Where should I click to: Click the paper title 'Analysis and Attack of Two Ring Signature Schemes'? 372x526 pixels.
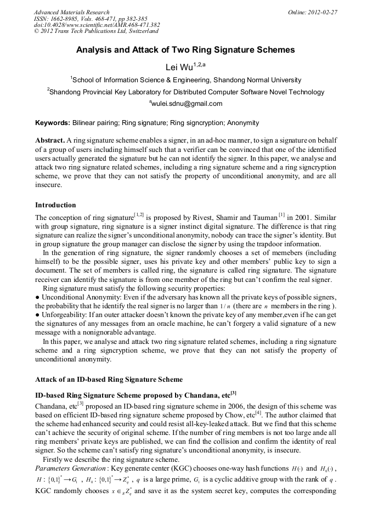185,50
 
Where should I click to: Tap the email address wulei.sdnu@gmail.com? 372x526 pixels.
186,104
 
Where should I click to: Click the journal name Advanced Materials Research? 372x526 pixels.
71,12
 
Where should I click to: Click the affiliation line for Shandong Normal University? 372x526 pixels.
186,80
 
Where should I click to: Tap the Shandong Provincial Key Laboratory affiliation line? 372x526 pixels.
186,92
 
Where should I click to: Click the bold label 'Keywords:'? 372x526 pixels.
52,123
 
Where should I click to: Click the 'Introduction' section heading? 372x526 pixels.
55,205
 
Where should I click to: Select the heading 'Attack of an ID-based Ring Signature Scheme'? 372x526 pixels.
109,379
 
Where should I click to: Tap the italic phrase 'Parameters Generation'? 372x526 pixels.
71,469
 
